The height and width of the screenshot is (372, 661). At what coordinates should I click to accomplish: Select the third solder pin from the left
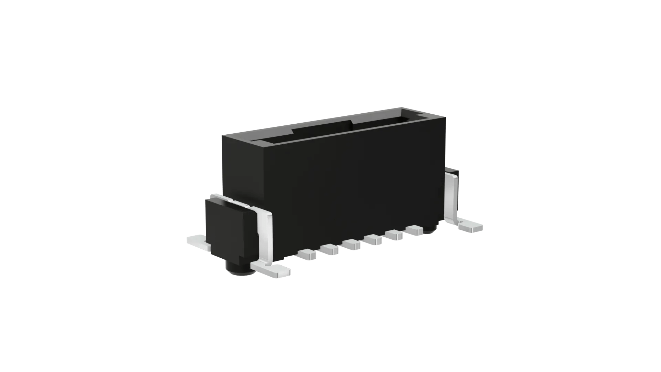point(352,244)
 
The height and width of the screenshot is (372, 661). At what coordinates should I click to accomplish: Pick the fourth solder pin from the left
point(374,239)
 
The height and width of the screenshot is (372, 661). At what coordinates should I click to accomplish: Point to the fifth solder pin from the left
point(395,235)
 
